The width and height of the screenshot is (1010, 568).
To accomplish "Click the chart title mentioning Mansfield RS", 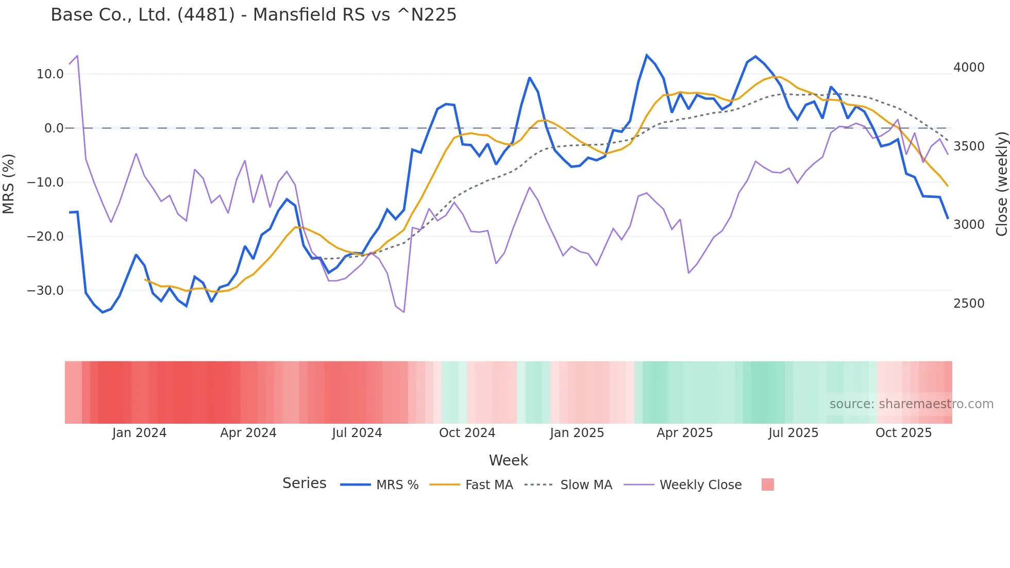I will click(254, 14).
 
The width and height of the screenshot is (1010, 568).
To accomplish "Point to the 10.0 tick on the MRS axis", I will click(49, 74).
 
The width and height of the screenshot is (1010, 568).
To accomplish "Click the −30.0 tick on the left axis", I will click(45, 291).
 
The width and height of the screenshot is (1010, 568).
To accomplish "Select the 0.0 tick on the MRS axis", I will click(54, 128).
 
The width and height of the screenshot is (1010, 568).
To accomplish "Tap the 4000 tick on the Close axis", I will click(969, 68).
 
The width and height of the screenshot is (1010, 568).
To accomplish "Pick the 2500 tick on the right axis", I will click(969, 304).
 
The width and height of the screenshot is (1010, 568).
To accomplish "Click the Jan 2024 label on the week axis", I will click(139, 433).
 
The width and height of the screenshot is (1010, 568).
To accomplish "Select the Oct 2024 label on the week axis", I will click(467, 433).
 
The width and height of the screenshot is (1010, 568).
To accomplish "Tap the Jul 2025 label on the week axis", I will click(793, 433).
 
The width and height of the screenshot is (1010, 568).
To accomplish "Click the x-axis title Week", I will click(508, 460).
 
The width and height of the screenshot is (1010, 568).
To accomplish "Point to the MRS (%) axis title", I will click(9, 183).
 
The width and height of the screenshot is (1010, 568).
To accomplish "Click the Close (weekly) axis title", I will click(1001, 183).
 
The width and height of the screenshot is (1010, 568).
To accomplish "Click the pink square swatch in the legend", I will click(767, 485).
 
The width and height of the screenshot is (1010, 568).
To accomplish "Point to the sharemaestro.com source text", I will click(911, 404).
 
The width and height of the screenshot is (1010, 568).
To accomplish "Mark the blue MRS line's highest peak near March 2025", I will click(647, 55).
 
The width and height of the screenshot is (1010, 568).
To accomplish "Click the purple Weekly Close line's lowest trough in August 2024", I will click(403, 312).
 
